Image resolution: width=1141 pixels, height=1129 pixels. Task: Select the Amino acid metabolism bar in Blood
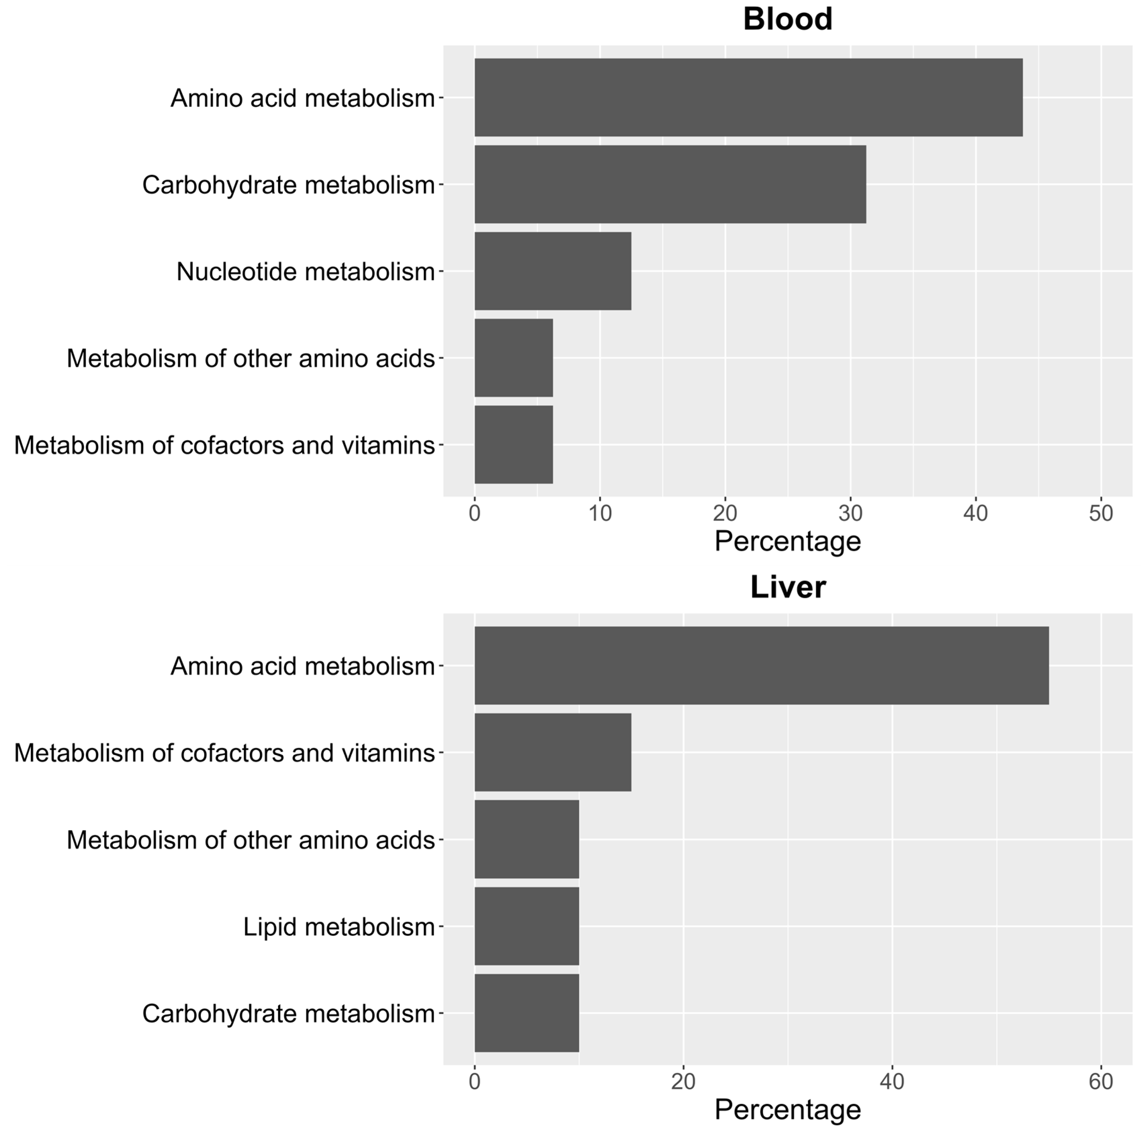[x=748, y=97]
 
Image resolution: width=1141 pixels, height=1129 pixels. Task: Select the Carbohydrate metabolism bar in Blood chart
[x=670, y=184]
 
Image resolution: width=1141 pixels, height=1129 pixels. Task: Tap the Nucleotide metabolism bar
[x=553, y=271]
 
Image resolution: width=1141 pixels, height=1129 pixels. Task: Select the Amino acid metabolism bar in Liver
[x=761, y=666]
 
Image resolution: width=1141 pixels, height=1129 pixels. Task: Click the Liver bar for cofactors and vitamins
[x=553, y=753]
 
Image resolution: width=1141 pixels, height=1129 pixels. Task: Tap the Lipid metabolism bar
[x=527, y=926]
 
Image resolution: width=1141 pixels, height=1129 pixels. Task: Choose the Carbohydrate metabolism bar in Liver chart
[x=527, y=1013]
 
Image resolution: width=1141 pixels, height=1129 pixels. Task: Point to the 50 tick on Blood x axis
[x=1101, y=513]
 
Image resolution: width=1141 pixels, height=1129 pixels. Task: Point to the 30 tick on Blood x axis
[x=851, y=513]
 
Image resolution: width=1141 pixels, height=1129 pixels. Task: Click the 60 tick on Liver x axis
[x=1101, y=1082]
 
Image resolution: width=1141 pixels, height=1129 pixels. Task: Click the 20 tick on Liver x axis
[x=683, y=1082]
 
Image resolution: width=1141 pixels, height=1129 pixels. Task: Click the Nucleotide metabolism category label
[x=305, y=272]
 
